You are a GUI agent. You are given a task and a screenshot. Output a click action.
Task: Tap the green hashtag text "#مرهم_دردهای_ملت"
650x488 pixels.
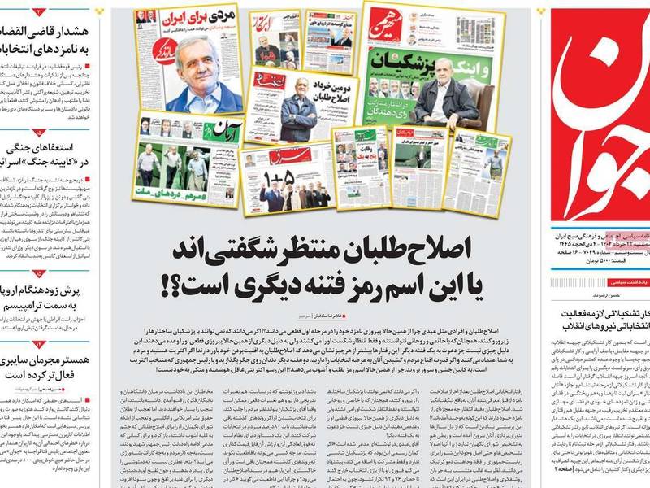(175, 195)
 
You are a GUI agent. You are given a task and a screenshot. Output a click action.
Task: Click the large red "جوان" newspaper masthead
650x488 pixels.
(598, 114)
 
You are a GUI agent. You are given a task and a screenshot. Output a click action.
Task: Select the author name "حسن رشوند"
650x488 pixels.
(630, 298)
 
